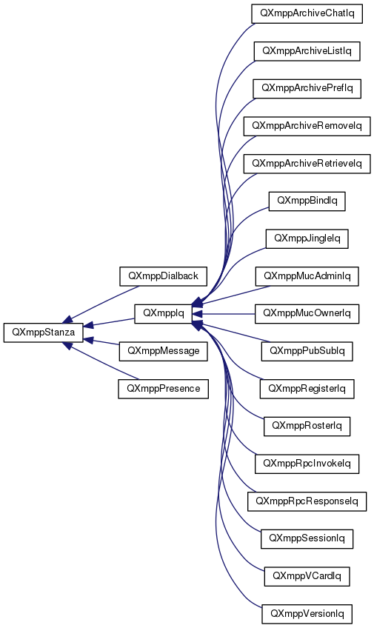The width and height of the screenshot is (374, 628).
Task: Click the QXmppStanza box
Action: [x=43, y=333]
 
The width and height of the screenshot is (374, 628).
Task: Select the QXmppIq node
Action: [x=164, y=313]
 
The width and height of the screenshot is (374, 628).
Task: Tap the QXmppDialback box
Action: [x=164, y=276]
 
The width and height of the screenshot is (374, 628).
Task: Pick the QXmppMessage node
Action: [x=164, y=351]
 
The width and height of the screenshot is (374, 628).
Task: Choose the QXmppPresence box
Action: [x=164, y=389]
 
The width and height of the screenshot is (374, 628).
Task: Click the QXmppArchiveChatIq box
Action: [x=307, y=13]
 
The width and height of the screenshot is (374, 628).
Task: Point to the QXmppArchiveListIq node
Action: [x=307, y=51]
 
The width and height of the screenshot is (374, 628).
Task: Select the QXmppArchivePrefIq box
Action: [x=307, y=89]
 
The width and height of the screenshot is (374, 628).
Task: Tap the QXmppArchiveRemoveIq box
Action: [x=307, y=126]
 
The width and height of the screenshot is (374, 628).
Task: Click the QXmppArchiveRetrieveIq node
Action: [x=307, y=164]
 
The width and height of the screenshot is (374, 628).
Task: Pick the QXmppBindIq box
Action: [x=307, y=201]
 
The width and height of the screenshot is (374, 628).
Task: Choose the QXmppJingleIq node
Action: [x=307, y=238]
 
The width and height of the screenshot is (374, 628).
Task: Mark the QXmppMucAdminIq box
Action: [x=307, y=276]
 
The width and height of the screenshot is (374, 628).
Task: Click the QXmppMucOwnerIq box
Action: [x=307, y=313]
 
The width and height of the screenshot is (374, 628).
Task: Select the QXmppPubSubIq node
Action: [x=307, y=351]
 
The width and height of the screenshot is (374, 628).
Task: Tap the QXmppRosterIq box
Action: [x=307, y=426]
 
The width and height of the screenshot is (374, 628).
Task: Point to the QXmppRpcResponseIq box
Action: [x=307, y=501]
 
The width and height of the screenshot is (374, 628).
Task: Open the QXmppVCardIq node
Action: [x=307, y=576]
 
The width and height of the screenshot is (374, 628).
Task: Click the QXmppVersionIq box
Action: [x=307, y=614]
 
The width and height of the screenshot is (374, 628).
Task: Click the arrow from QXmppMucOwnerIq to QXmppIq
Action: [x=224, y=314]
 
